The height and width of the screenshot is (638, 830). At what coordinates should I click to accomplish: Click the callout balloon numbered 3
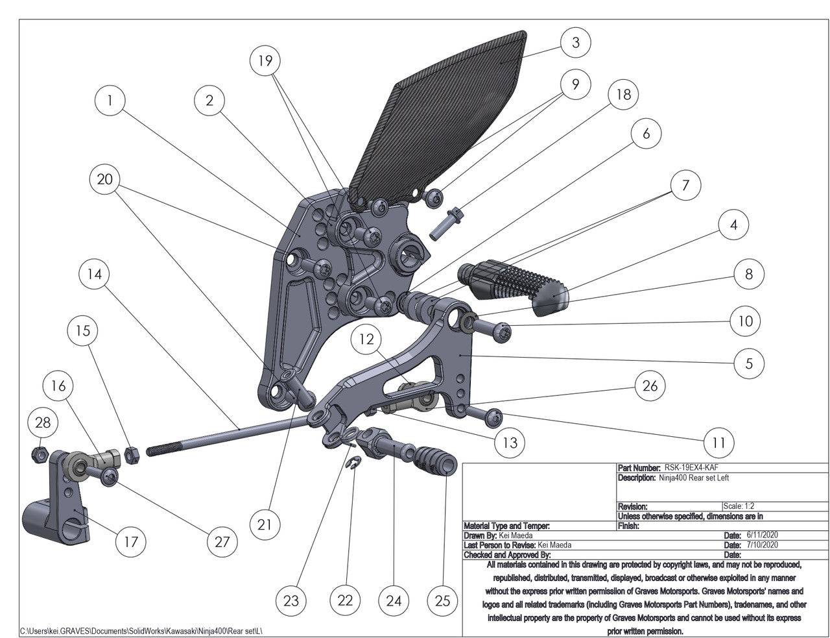(x=575, y=43)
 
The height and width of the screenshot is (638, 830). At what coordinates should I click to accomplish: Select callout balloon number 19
(x=265, y=60)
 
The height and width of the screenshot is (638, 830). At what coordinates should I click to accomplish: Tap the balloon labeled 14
(x=94, y=274)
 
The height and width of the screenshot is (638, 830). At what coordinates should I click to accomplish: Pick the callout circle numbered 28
(x=42, y=423)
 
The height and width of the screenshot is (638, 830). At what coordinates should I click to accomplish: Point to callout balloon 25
(x=442, y=600)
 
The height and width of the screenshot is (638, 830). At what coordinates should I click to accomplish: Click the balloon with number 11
(x=718, y=443)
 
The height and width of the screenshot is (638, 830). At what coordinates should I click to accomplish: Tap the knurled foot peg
(x=512, y=286)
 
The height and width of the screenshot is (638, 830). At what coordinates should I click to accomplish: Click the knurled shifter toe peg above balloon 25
(x=431, y=461)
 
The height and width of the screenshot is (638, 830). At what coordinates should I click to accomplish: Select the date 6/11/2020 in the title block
(x=762, y=535)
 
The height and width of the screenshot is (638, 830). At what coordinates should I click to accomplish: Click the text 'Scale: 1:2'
(x=739, y=506)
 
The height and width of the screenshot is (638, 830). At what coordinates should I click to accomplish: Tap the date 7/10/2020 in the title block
(x=762, y=545)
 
